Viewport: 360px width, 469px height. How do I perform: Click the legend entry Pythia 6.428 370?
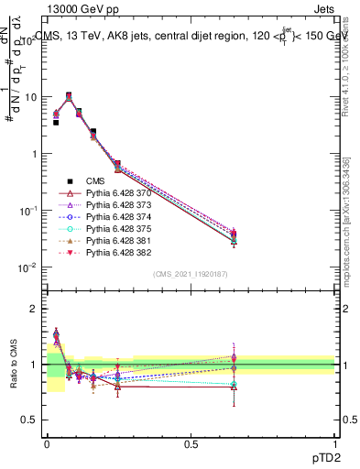(117, 194)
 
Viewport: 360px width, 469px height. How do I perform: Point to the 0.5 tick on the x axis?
(191, 443)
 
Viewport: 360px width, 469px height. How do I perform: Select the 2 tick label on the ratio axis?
(32, 309)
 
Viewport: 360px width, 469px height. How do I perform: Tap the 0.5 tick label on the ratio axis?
(28, 420)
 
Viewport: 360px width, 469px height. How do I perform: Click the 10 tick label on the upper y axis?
(28, 97)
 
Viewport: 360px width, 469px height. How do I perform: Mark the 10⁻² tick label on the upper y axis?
(27, 267)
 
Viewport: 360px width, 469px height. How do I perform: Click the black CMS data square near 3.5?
(55, 122)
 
